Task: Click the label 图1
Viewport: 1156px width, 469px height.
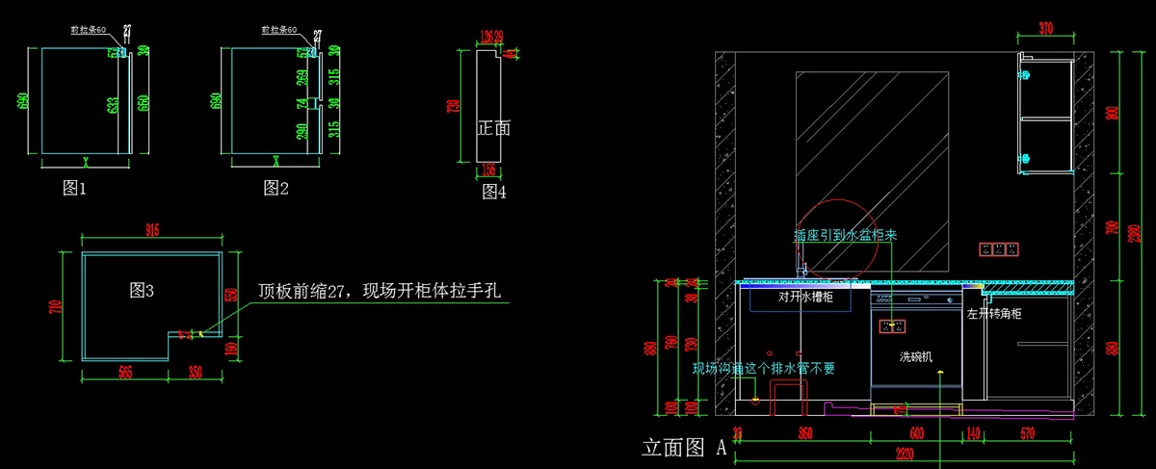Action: point(75,189)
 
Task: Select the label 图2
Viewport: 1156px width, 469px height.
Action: point(276,189)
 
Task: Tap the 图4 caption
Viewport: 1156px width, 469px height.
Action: point(494,193)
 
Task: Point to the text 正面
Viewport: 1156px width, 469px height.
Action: point(493,127)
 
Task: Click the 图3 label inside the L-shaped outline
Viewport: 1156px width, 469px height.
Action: point(142,290)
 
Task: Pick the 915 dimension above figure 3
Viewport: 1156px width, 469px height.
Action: point(152,230)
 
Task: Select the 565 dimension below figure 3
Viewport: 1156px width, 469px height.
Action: point(124,371)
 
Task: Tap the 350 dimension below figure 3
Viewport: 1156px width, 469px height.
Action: point(196,371)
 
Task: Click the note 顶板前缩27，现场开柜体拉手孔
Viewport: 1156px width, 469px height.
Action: point(380,291)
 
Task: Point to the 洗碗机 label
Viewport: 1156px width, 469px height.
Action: point(916,357)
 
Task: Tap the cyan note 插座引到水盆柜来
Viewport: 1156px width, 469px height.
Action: point(845,235)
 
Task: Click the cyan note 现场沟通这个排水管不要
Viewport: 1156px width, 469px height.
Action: point(763,367)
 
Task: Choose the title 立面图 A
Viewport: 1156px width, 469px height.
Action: point(684,448)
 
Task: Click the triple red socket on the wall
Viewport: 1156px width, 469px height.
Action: point(998,249)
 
